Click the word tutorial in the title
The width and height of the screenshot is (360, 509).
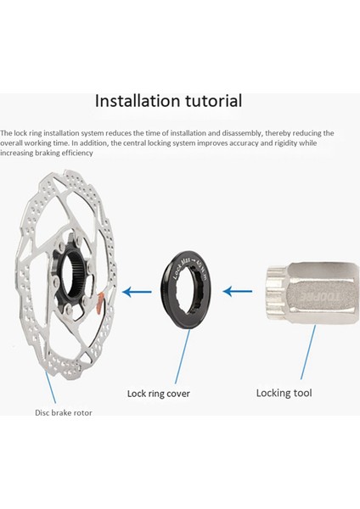(x=210, y=100)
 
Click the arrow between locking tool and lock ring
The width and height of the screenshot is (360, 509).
(x=240, y=292)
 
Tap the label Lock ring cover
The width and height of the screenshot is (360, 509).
(x=158, y=394)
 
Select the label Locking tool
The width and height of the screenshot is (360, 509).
(x=284, y=393)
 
